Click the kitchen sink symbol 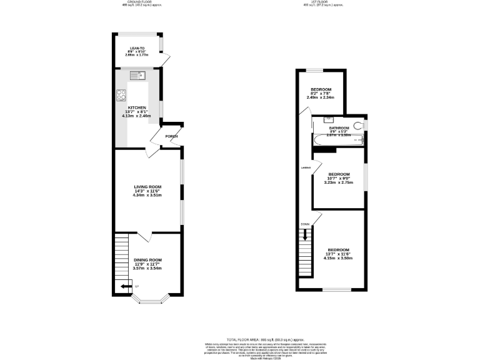[137, 76]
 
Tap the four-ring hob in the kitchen [121, 95]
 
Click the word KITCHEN [137, 107]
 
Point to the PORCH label [171, 136]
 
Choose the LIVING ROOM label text [147, 186]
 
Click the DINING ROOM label [147, 260]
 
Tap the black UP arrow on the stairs [126, 286]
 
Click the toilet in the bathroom [358, 126]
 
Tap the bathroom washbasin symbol [329, 119]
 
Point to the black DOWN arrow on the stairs [305, 234]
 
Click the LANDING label [306, 167]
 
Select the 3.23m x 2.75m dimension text [338, 182]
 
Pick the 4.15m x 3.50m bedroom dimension [338, 257]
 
